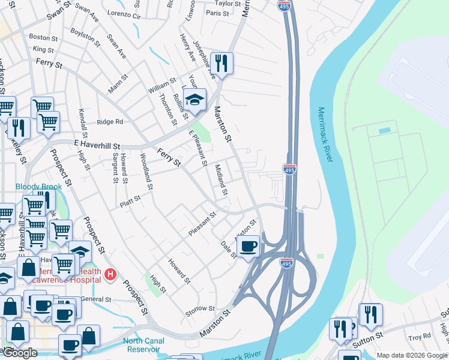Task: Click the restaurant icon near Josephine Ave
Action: pyautogui.click(x=221, y=63)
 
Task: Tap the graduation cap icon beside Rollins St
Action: pyautogui.click(x=194, y=99)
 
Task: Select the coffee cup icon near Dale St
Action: pyautogui.click(x=248, y=246)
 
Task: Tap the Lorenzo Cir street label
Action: pyautogui.click(x=124, y=13)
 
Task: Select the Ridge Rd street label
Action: pyautogui.click(x=109, y=121)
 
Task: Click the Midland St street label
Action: pyautogui.click(x=221, y=180)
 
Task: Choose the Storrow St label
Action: pyautogui.click(x=200, y=308)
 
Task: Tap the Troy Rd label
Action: pyautogui.click(x=415, y=338)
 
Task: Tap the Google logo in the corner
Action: pyautogui.click(x=20, y=353)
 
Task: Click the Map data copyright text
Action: pyautogui.click(x=412, y=355)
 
